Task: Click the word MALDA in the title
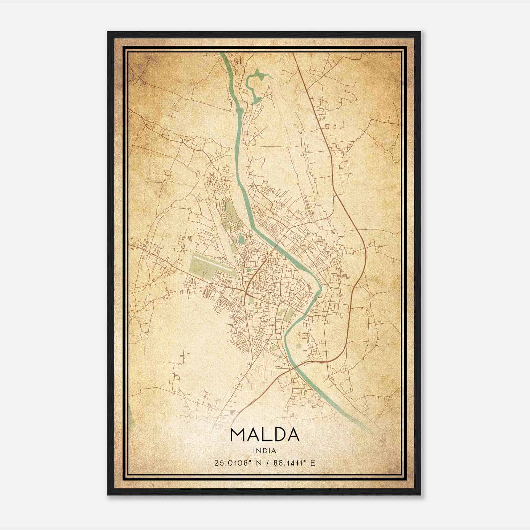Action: (x=264, y=435)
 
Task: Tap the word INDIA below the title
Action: (x=264, y=451)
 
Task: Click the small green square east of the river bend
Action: (x=299, y=346)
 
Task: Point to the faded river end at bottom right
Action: (x=368, y=429)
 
